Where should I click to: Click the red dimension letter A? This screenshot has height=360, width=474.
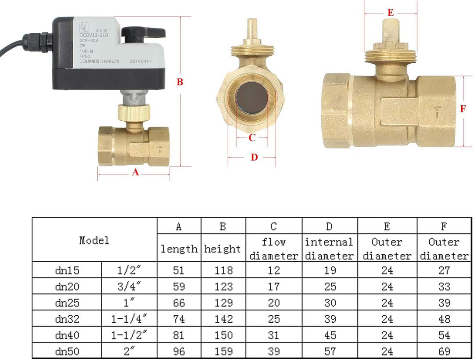pyautogui.click(x=135, y=173)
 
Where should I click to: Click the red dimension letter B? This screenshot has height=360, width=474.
pyautogui.click(x=180, y=82)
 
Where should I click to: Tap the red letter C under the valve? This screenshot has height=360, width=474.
pyautogui.click(x=252, y=138)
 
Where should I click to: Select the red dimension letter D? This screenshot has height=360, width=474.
pyautogui.click(x=254, y=157)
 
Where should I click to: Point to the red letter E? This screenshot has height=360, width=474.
pyautogui.click(x=391, y=13)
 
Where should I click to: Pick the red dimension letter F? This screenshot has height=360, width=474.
pyautogui.click(x=463, y=109)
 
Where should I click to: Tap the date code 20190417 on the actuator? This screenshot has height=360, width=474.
pyautogui.click(x=141, y=62)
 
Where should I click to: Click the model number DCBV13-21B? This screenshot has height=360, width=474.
pyautogui.click(x=93, y=35)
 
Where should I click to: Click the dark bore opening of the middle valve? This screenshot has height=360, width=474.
pyautogui.click(x=251, y=97)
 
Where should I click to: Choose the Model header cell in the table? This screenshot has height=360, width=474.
pyautogui.click(x=94, y=240)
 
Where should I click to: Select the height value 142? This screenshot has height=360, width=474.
pyautogui.click(x=223, y=319)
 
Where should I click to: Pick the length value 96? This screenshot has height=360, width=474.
pyautogui.click(x=179, y=352)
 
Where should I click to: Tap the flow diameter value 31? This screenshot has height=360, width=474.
pyautogui.click(x=273, y=335)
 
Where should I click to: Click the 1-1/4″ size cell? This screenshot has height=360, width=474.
pyautogui.click(x=129, y=319)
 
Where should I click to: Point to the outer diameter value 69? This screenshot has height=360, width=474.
pyautogui.click(x=444, y=352)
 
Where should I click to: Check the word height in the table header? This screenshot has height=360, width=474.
pyautogui.click(x=223, y=249)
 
